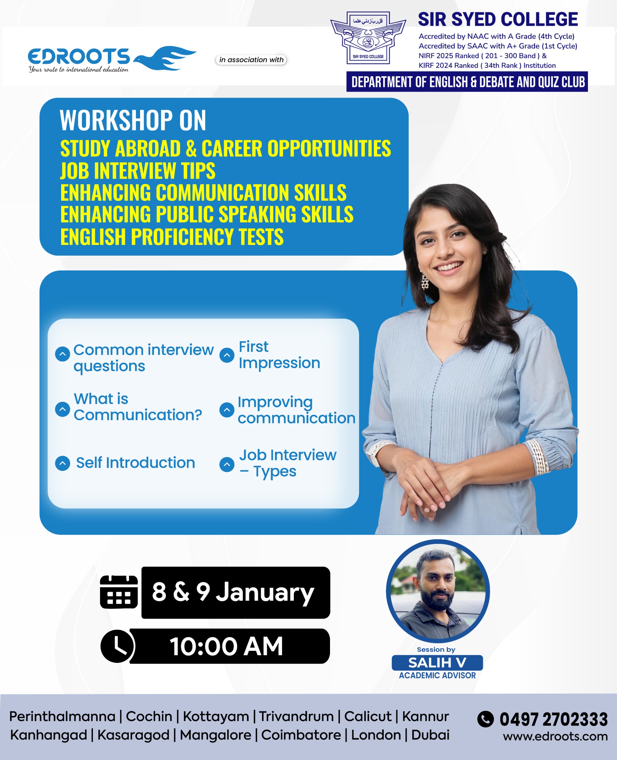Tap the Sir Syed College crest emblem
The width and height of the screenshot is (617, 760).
368,38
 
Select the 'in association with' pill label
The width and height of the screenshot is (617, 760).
251,60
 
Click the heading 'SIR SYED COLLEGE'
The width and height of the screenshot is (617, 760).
498,19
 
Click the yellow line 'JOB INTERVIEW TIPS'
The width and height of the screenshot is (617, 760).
138,171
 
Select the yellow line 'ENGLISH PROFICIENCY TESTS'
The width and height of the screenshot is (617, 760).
172,237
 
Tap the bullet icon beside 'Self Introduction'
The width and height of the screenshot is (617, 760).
63,463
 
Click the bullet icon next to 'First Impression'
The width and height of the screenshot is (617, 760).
227,355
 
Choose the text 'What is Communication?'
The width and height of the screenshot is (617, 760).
137,407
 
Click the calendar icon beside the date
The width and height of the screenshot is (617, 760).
119,592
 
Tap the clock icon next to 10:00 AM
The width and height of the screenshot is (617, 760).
118,646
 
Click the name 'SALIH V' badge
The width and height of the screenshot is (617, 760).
437,663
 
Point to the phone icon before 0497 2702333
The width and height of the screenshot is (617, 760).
486,719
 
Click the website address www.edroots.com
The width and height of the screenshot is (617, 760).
555,736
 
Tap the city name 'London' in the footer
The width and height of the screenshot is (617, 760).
376,735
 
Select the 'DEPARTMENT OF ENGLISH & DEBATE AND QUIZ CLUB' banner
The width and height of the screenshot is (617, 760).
467,82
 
